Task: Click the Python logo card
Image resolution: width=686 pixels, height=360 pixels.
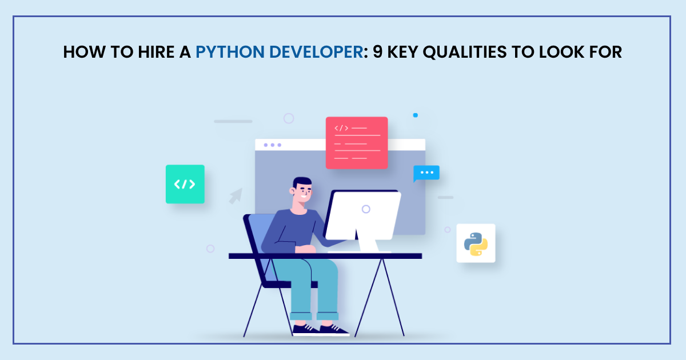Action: (x=476, y=243)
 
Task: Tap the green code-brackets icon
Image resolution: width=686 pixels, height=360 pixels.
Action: (x=185, y=184)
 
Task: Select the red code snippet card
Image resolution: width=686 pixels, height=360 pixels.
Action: (x=357, y=143)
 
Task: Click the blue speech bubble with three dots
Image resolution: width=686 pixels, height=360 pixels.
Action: (x=426, y=173)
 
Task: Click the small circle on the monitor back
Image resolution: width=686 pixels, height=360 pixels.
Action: (x=366, y=209)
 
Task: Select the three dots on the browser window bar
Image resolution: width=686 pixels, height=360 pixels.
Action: (x=272, y=145)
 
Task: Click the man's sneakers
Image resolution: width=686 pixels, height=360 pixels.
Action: (x=320, y=329)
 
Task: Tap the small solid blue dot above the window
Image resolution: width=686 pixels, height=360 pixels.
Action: (x=416, y=115)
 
